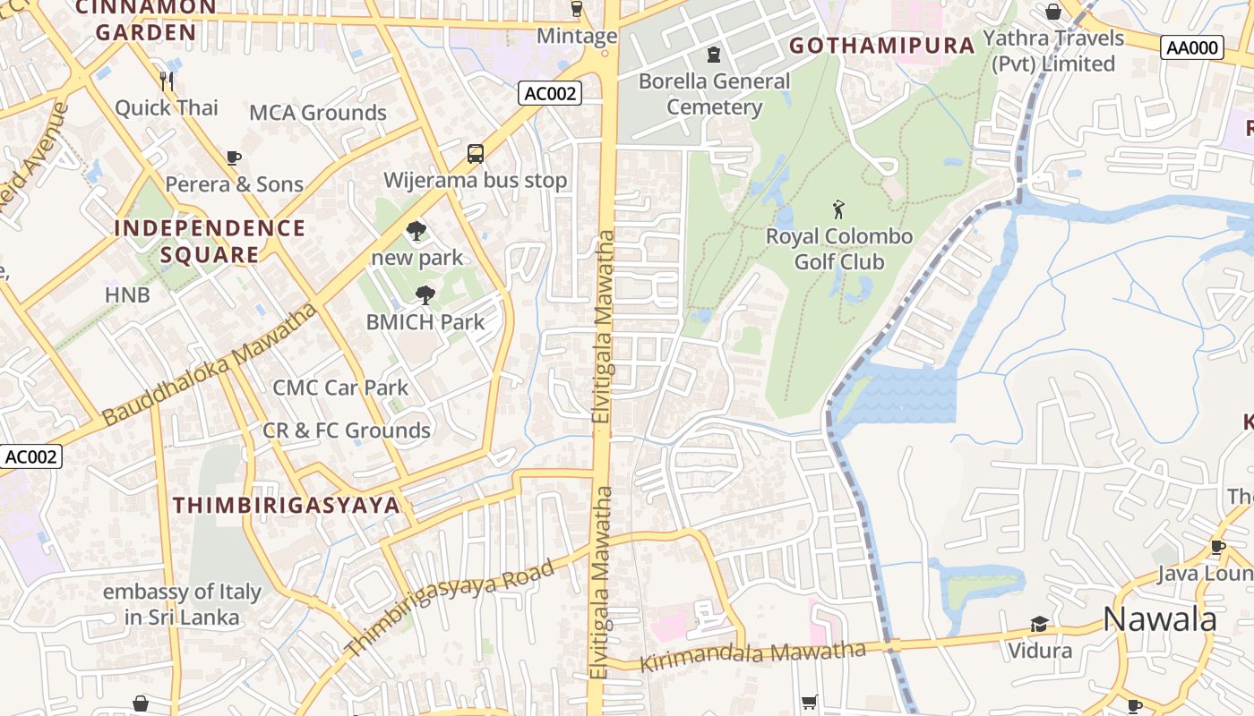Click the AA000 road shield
click(1192, 48)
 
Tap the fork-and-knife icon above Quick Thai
click(166, 81)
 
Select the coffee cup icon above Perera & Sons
click(234, 158)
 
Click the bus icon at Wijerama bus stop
click(476, 154)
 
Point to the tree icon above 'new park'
click(417, 231)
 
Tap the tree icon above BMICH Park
click(425, 294)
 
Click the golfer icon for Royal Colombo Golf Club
click(838, 210)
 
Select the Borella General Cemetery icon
click(713, 55)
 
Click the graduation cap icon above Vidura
click(1039, 624)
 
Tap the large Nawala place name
click(1159, 618)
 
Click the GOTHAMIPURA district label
click(881, 46)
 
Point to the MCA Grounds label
click(318, 113)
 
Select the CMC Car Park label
click(340, 388)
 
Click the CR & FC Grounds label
click(347, 430)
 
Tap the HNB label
click(127, 294)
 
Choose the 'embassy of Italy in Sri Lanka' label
click(182, 604)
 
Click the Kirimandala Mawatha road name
click(752, 656)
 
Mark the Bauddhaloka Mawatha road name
click(210, 364)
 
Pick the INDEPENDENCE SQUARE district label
click(210, 241)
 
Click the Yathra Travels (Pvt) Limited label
click(1053, 51)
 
